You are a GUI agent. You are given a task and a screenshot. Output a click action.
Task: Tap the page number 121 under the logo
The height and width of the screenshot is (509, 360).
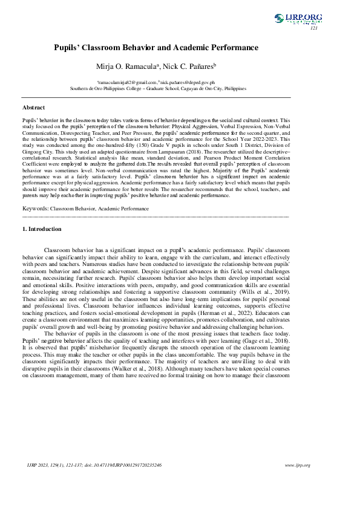(x=313, y=28)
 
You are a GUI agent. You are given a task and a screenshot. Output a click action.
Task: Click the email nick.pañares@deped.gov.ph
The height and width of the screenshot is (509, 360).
(x=187, y=81)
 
